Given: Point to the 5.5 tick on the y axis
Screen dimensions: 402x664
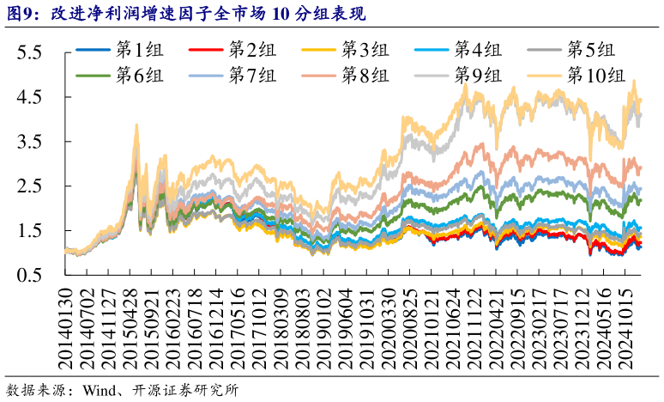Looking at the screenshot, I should point(30,52).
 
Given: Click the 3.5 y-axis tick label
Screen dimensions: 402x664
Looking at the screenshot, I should point(30,142).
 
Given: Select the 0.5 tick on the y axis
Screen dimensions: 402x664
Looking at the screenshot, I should point(30,275).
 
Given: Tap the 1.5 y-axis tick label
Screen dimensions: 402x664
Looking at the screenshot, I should point(30,230).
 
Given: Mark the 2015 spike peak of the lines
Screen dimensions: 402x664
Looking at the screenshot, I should point(136,125).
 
